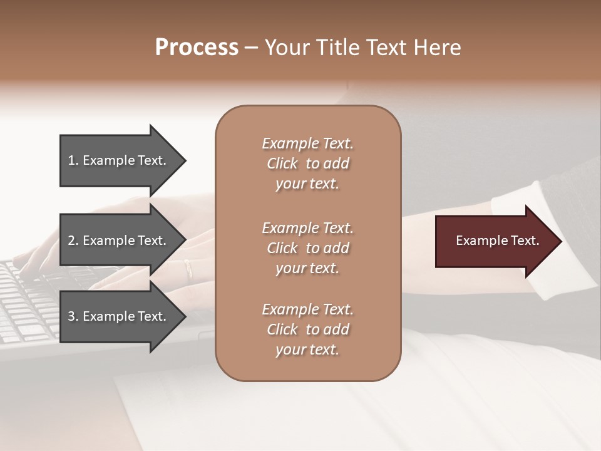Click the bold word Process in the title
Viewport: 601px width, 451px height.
(x=197, y=48)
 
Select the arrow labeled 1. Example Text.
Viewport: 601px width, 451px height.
(x=119, y=160)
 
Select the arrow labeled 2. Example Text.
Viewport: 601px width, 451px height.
(x=119, y=241)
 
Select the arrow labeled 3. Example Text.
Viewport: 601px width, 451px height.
(x=119, y=316)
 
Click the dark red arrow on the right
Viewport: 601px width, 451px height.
(x=495, y=241)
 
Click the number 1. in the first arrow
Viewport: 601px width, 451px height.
(x=73, y=160)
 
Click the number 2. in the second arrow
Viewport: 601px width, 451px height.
(x=73, y=241)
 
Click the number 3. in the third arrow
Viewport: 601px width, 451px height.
(x=73, y=316)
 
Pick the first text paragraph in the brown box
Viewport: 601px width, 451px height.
(x=307, y=163)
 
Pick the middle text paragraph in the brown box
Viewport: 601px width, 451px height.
(x=307, y=248)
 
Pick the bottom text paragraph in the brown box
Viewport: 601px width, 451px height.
(x=307, y=329)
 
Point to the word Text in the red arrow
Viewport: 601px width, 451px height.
(x=525, y=241)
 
